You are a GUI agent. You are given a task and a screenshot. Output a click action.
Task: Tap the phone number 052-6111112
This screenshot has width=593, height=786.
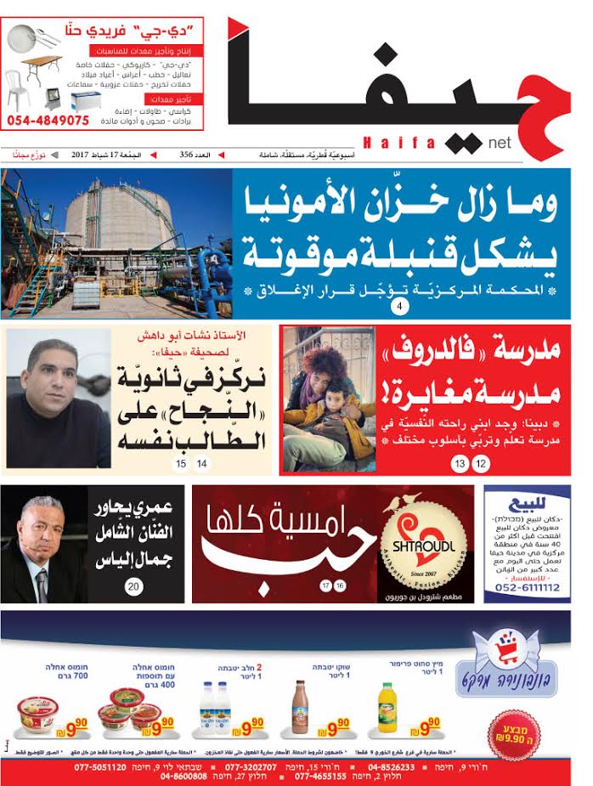(x=522, y=588)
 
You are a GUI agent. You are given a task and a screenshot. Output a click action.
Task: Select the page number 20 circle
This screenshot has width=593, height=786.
(x=134, y=586)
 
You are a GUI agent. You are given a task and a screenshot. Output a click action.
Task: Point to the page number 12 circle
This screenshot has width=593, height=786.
(x=481, y=463)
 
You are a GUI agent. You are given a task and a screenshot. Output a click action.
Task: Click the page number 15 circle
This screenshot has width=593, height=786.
(x=181, y=464)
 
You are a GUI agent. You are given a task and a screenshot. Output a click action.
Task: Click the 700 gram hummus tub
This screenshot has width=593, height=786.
(x=38, y=719)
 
